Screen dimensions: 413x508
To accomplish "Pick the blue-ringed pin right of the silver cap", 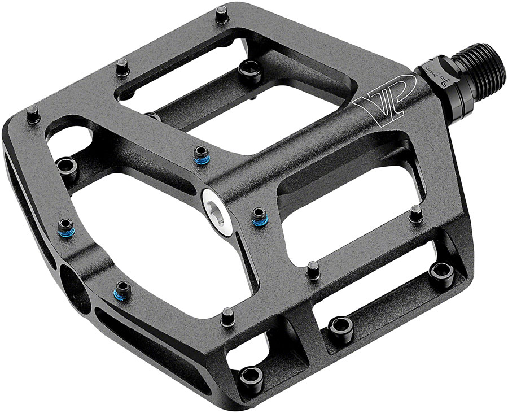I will (259, 216).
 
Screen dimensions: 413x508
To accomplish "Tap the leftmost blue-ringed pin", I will (65, 225).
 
